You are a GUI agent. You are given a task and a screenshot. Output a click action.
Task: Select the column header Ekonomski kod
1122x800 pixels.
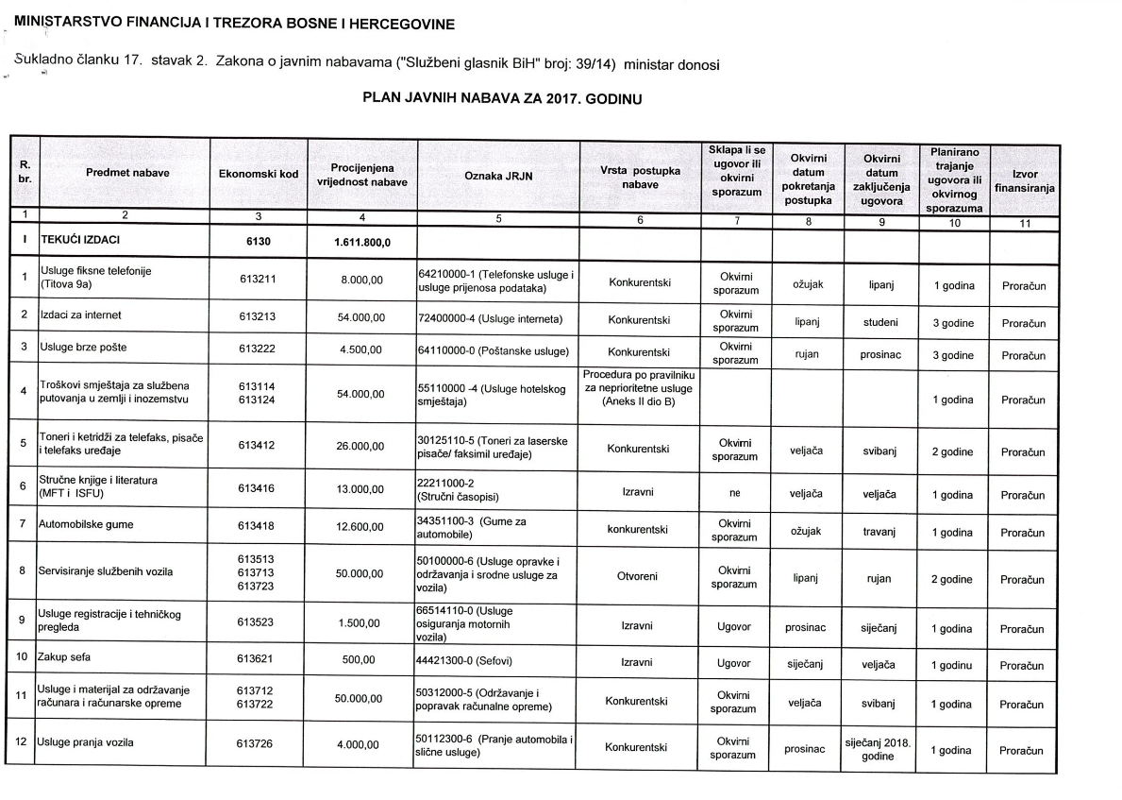coord(258,174)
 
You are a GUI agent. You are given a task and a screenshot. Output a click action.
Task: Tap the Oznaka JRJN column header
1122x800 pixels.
coord(497,175)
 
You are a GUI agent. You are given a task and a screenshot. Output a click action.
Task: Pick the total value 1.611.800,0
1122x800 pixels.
coord(362,242)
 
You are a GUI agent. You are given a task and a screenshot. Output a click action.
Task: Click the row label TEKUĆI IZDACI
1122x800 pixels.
coord(79,241)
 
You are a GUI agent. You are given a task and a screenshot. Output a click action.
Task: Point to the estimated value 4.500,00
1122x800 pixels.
coord(360,349)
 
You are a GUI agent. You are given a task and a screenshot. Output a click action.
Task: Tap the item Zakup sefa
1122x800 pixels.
coord(64,655)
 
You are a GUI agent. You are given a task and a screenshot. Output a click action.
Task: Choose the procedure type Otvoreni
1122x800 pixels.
coord(637,576)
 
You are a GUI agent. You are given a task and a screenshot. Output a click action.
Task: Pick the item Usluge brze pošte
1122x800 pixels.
coord(83,348)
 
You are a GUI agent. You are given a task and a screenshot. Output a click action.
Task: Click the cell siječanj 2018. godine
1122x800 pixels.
coord(877,749)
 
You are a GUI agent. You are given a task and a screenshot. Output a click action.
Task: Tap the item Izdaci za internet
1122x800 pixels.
coord(80,314)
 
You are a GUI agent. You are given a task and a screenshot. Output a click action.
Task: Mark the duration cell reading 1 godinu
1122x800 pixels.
coord(952,664)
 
